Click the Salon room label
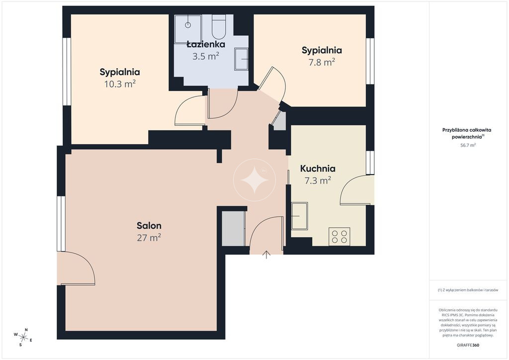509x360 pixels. [149, 226]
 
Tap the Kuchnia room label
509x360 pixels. [318, 169]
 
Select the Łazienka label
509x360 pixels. [206, 44]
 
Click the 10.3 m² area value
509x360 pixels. [120, 84]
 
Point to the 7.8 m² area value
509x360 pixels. [322, 62]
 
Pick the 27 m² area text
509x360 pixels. [149, 238]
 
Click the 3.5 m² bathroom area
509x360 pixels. [206, 56]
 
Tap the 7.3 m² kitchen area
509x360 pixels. [318, 180]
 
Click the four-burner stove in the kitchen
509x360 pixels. [339, 236]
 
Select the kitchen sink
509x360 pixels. [299, 216]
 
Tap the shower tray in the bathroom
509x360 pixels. [188, 29]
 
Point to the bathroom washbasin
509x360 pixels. [241, 59]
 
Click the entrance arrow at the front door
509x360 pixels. [266, 255]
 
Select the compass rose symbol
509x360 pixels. [23, 337]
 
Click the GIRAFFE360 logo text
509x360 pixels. [468, 345]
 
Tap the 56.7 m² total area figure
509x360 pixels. [468, 145]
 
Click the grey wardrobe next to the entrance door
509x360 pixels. [234, 229]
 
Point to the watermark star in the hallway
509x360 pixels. [254, 180]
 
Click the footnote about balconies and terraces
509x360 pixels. [468, 290]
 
